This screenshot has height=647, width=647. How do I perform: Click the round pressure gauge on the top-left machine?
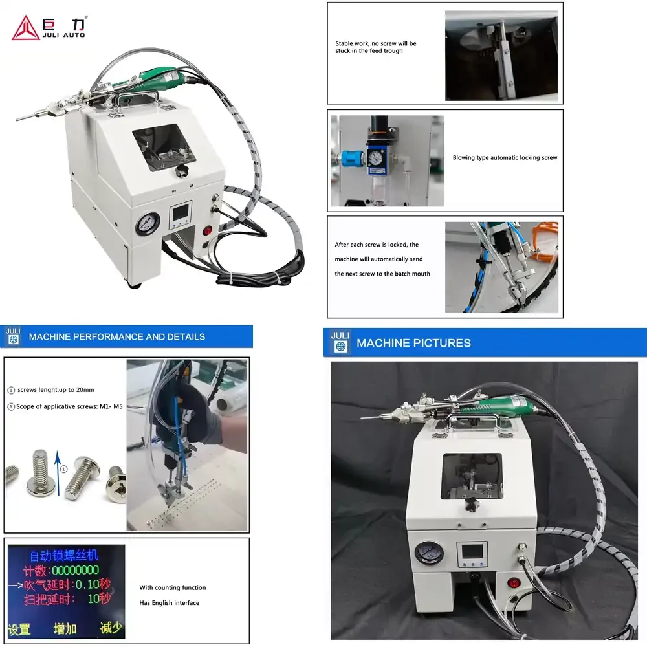tap(148, 224)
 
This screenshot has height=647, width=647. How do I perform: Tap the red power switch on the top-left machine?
tap(207, 230)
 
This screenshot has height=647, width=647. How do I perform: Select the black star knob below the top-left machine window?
tap(181, 170)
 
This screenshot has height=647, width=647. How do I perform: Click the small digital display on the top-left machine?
tap(181, 214)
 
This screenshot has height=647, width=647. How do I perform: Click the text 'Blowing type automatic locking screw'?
tap(505, 158)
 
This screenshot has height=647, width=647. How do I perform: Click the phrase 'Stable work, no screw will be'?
tap(375, 43)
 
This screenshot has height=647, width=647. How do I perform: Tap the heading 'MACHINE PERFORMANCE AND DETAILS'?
tap(116, 336)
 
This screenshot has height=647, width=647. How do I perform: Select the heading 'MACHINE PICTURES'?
tap(413, 343)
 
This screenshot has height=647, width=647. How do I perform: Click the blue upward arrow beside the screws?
tap(58, 473)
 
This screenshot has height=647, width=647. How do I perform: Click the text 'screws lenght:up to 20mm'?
tap(56, 390)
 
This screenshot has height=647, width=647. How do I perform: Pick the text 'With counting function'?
tap(173, 587)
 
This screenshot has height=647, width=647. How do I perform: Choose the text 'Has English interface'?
tap(169, 603)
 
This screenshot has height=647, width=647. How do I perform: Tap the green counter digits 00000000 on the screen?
tap(76, 570)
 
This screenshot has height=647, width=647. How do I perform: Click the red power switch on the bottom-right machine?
tap(513, 583)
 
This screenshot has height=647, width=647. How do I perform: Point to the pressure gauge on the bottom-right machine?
tap(429, 553)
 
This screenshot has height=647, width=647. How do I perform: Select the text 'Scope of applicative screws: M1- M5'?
tap(69, 406)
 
